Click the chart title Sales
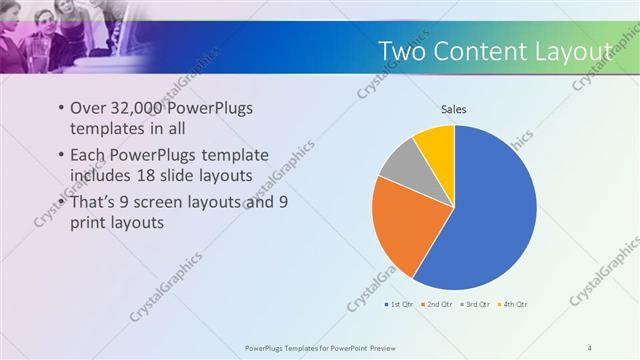point(454,109)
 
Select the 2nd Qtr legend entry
point(439,304)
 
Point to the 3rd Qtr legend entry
point(475,304)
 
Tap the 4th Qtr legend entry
point(513,304)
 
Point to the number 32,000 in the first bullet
point(136,108)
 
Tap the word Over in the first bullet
point(87,108)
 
